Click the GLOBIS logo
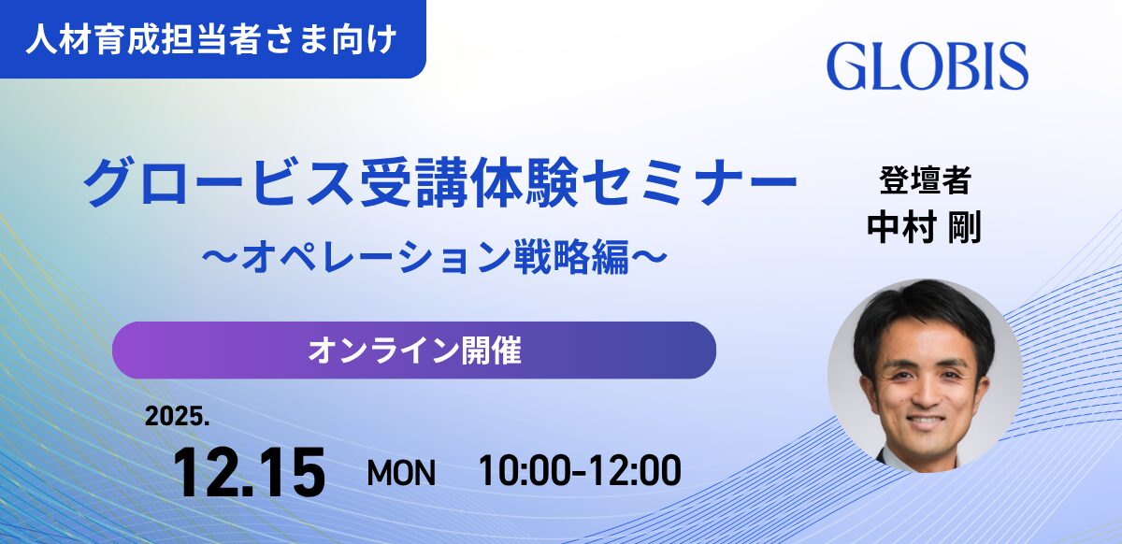(x=928, y=65)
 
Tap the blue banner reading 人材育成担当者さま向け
(x=213, y=39)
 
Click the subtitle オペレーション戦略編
(x=435, y=256)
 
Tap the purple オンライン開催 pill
(x=414, y=351)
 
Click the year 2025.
(x=177, y=416)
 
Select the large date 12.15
(x=249, y=472)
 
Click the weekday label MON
(x=401, y=473)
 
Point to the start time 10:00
(x=525, y=471)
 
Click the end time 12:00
(x=635, y=471)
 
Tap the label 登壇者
(x=925, y=180)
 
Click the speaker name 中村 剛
(x=924, y=227)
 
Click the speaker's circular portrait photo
(x=925, y=376)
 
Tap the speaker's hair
(x=924, y=310)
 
